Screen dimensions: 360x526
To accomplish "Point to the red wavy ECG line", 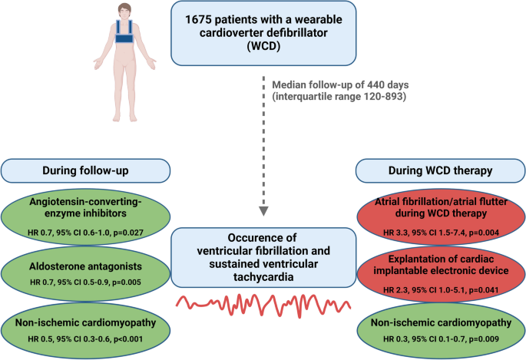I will pos(263,302).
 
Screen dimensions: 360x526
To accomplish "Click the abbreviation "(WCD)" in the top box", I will pos(263,48).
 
